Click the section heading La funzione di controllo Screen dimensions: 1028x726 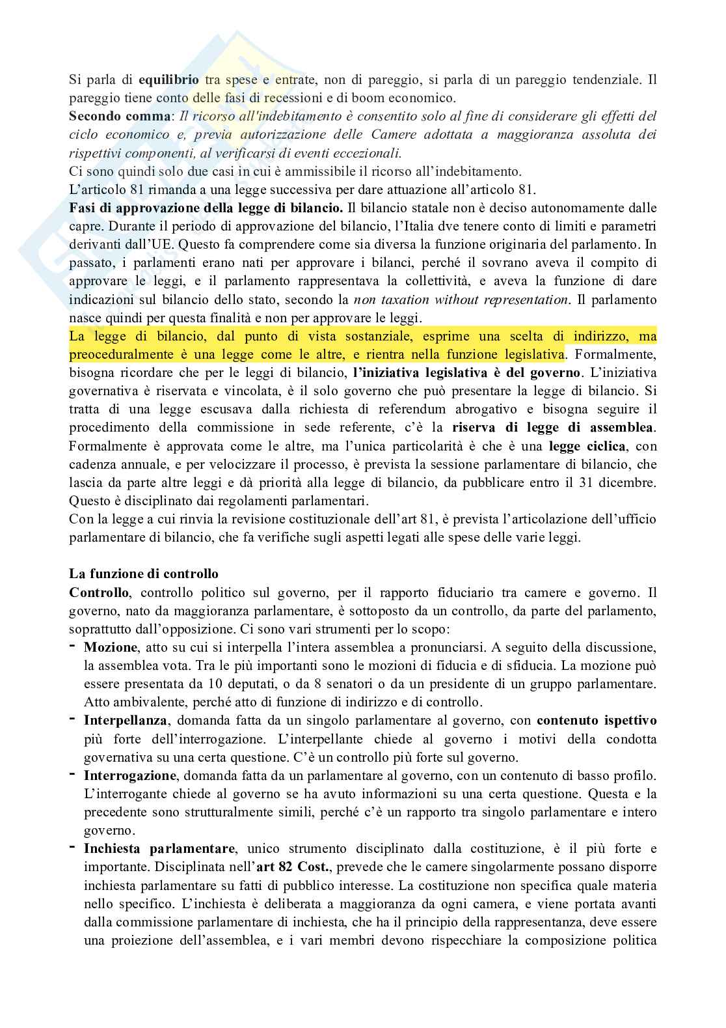[x=144, y=574]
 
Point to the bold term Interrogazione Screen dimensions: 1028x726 [x=130, y=775]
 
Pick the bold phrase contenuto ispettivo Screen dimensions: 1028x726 [x=597, y=721]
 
